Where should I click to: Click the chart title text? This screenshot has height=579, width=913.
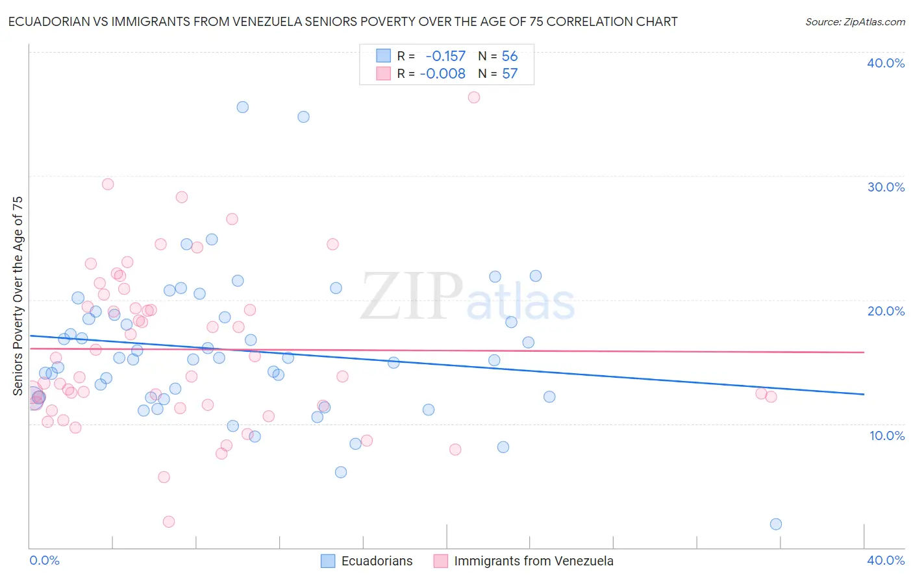343,21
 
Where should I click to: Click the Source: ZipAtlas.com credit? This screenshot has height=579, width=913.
855,21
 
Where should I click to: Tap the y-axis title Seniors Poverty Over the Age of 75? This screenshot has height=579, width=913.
18,296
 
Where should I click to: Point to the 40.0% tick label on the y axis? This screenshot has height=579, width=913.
886,63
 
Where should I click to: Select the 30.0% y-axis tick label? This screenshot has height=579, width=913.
886,187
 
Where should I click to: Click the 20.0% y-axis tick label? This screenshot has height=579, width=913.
886,311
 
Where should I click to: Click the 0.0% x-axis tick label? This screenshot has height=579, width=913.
44,560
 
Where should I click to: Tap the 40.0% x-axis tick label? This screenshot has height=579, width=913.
886,560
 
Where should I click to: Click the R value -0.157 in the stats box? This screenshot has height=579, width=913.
445,56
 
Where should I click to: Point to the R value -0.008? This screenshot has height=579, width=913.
442,73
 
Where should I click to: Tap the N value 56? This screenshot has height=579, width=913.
510,56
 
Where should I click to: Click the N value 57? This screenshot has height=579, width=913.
510,73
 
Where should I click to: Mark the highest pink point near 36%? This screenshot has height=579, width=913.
474,97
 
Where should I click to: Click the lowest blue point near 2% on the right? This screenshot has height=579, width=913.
775,524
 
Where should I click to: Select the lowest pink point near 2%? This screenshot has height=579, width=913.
169,521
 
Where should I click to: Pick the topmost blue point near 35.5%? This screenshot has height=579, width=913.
242,107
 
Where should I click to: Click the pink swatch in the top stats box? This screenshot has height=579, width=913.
384,73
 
